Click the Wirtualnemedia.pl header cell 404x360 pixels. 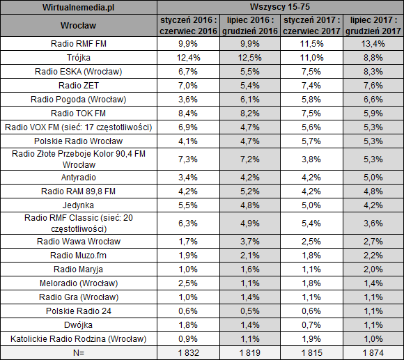coord(78,7)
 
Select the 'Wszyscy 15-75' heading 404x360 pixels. coord(280,7)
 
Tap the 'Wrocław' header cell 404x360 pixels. coord(78,25)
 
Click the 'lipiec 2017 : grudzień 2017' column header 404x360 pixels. coord(373,25)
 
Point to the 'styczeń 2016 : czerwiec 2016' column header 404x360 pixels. coord(188,25)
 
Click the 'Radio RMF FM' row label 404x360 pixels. coord(78,43)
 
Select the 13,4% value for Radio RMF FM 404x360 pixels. coord(373,43)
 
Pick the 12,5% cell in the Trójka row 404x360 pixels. coord(249,57)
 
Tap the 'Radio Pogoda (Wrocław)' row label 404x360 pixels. coord(78,100)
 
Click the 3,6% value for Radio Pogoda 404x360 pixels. coord(188,100)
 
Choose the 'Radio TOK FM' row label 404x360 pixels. coord(78,114)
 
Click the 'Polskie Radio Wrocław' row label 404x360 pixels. coord(78,141)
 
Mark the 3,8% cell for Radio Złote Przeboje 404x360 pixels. coord(311,159)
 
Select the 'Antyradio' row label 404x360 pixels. coord(78,178)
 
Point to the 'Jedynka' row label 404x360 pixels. coord(78,205)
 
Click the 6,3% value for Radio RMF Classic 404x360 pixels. coord(188,224)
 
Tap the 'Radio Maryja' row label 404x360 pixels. coord(78,269)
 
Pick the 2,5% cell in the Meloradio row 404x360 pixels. coord(188,283)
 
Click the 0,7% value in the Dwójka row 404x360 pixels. coord(311,325)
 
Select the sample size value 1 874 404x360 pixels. coord(373,353)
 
